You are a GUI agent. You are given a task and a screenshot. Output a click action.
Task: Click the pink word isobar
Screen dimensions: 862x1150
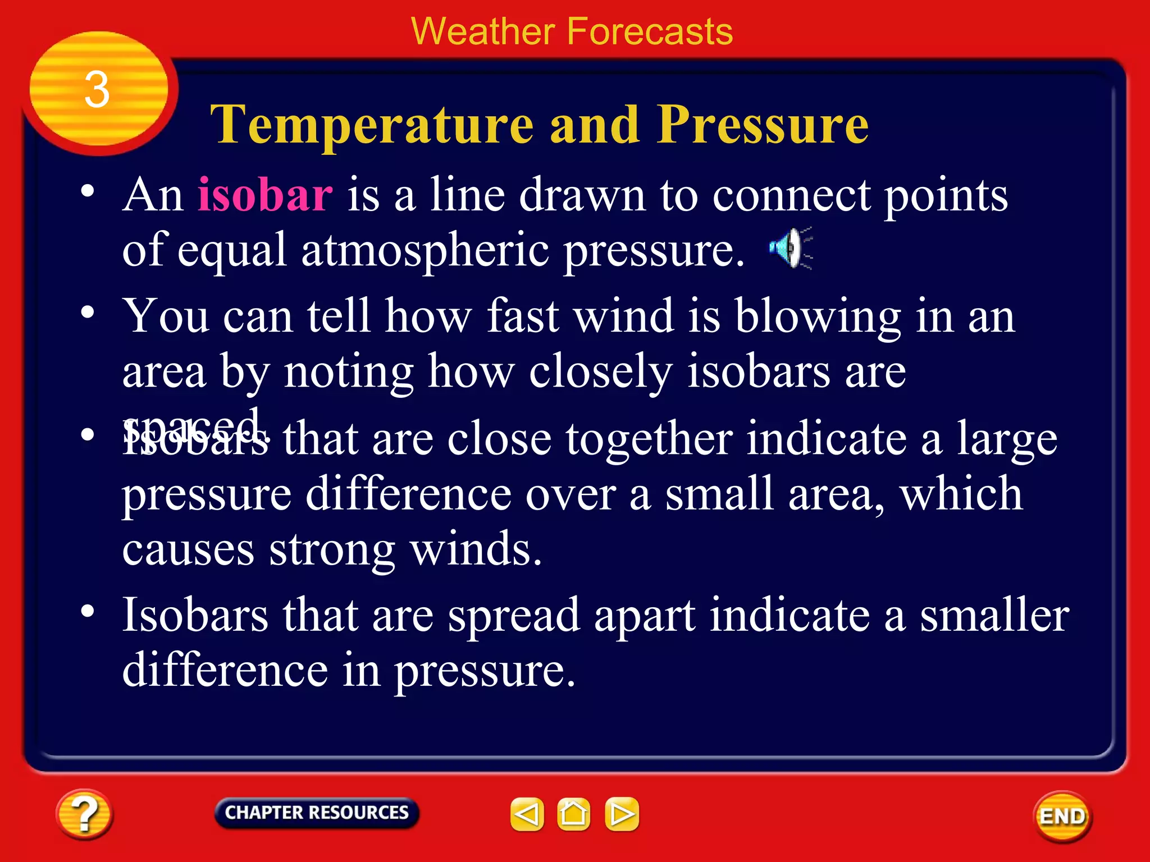click(x=265, y=195)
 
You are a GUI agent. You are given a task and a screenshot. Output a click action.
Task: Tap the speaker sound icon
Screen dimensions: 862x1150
click(x=790, y=248)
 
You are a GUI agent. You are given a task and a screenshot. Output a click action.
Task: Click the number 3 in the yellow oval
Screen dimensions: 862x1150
click(x=97, y=90)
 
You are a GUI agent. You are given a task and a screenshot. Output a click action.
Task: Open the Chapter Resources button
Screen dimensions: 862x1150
click(x=316, y=813)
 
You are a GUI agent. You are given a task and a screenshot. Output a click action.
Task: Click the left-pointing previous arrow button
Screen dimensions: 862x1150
click(x=527, y=814)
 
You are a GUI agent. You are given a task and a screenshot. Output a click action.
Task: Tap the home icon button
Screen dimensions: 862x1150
click(x=573, y=814)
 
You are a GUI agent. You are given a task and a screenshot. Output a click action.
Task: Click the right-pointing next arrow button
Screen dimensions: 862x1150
click(x=622, y=814)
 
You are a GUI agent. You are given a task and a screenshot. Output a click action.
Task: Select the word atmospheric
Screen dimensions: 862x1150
click(x=425, y=250)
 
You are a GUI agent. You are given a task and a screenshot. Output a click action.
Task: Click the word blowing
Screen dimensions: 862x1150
click(x=818, y=317)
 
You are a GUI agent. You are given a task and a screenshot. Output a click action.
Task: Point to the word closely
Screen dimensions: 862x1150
click(x=600, y=372)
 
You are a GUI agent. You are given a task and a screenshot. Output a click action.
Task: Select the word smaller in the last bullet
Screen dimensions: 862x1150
click(x=994, y=615)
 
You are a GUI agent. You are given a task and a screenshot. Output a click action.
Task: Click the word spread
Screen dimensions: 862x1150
click(x=514, y=616)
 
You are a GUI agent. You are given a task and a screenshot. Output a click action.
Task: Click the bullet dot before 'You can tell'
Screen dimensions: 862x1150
click(x=87, y=312)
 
